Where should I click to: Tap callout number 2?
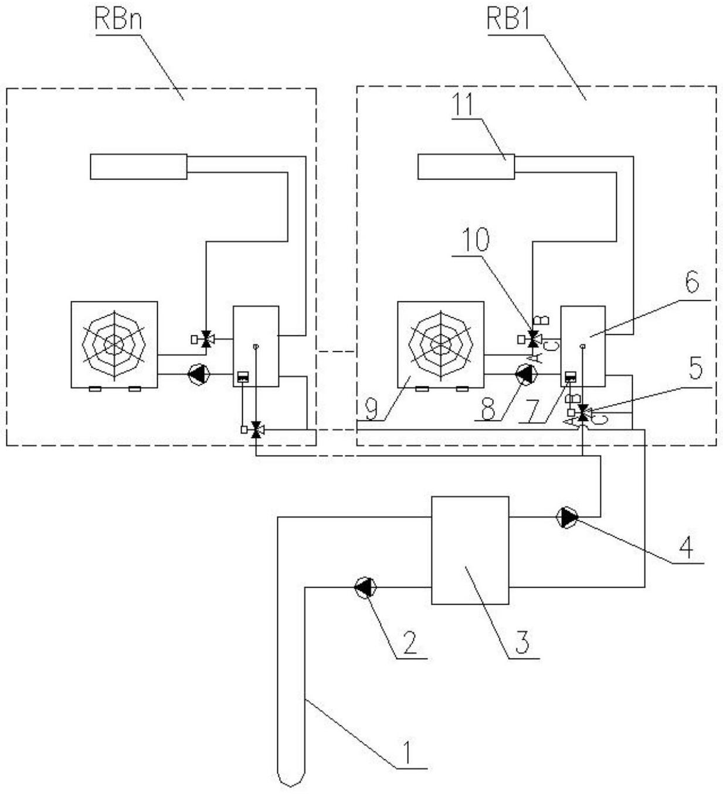(409, 642)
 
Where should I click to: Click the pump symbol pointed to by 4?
(567, 518)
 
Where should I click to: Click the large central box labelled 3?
(470, 550)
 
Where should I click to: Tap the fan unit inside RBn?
(114, 344)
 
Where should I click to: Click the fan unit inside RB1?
(440, 344)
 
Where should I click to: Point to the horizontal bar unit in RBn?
(138, 167)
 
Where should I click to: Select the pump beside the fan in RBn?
(198, 374)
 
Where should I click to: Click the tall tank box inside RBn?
(256, 346)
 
